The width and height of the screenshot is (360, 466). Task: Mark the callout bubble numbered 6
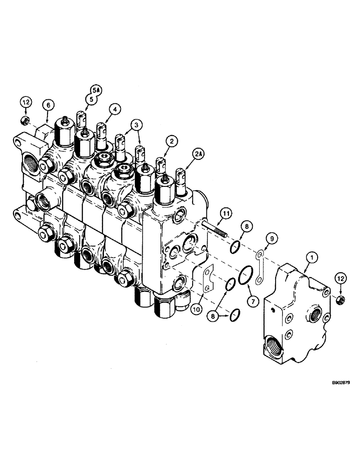click(x=48, y=106)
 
